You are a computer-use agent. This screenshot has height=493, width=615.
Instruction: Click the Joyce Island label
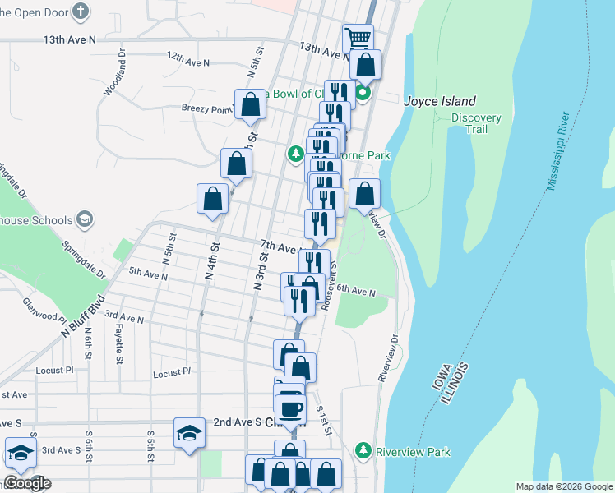pos(440,100)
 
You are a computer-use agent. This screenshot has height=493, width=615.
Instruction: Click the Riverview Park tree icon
pos(363,450)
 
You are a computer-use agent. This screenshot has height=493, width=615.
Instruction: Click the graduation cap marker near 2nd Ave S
pos(189,433)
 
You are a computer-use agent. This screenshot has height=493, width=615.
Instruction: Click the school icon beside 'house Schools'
pos(83,219)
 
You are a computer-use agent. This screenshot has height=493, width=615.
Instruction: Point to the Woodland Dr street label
pos(113,74)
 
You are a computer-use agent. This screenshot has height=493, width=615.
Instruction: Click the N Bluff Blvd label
pos(84,316)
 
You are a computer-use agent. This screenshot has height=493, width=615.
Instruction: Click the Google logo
pos(26,484)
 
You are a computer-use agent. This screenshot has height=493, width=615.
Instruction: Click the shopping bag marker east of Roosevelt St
pos(365,195)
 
